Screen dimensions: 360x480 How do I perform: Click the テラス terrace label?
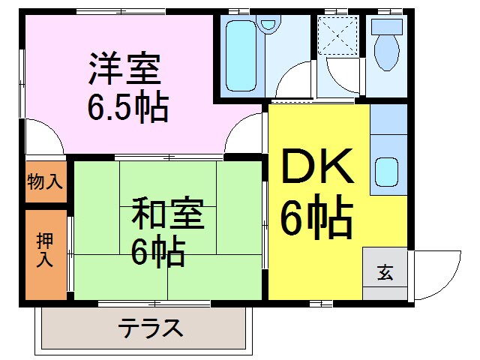click(x=151, y=328)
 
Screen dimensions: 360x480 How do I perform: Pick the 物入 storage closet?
click(x=44, y=181)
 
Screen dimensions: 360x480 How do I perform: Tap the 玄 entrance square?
click(x=385, y=273)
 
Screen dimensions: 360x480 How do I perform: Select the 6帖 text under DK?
click(x=316, y=218)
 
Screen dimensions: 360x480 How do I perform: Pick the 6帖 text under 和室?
click(x=158, y=253)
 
